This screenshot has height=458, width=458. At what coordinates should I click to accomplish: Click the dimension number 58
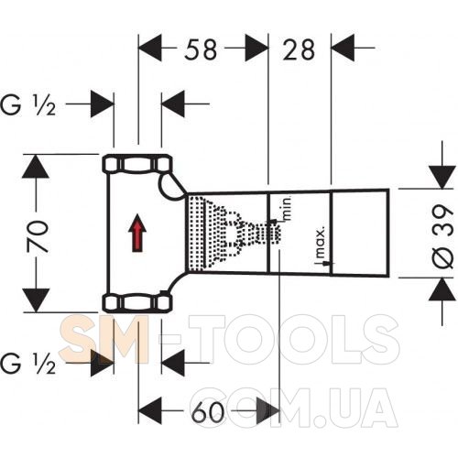(201, 49)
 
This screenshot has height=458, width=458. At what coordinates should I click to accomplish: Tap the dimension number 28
(299, 49)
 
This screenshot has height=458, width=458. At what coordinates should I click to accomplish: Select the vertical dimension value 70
(38, 236)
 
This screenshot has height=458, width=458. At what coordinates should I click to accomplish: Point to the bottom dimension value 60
(208, 411)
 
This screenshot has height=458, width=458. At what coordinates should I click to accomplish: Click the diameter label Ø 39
(442, 237)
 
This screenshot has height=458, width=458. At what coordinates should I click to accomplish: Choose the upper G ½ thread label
(28, 105)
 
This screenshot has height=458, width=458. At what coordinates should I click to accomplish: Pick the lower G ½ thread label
(28, 364)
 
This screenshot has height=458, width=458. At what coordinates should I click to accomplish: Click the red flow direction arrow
(137, 233)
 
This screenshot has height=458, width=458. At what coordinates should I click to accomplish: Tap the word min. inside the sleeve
(288, 209)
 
